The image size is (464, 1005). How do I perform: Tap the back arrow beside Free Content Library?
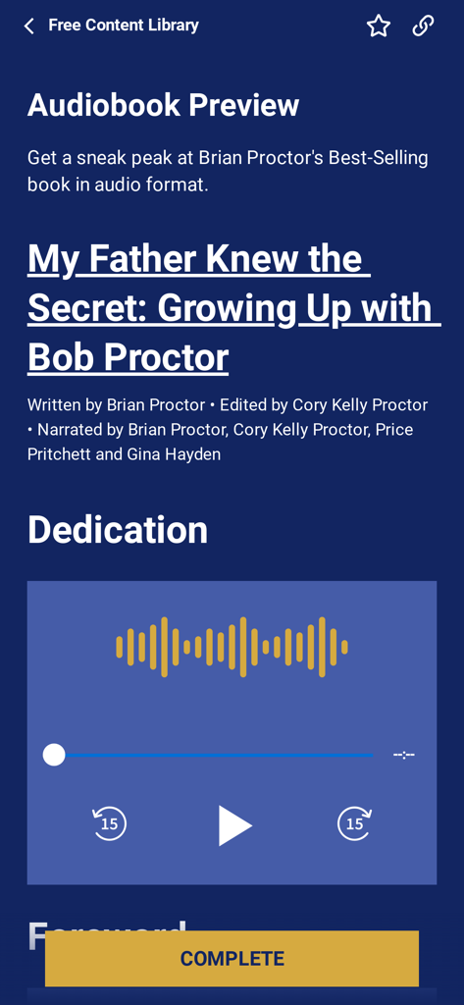[29, 26]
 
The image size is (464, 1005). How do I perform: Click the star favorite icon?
[379, 26]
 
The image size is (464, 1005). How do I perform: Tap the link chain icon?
[423, 26]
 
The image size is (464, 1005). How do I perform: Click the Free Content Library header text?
[124, 26]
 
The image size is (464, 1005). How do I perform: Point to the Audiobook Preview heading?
[163, 105]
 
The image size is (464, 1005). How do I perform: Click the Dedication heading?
[118, 530]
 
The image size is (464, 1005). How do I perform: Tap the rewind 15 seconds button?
[109, 823]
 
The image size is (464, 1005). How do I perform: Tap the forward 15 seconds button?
[355, 823]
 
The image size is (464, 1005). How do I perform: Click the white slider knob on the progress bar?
[54, 755]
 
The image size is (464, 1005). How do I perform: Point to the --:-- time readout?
[403, 755]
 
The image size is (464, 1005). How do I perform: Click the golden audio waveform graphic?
[232, 647]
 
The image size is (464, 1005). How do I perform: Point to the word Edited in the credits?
[244, 405]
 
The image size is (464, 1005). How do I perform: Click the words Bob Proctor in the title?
[128, 358]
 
